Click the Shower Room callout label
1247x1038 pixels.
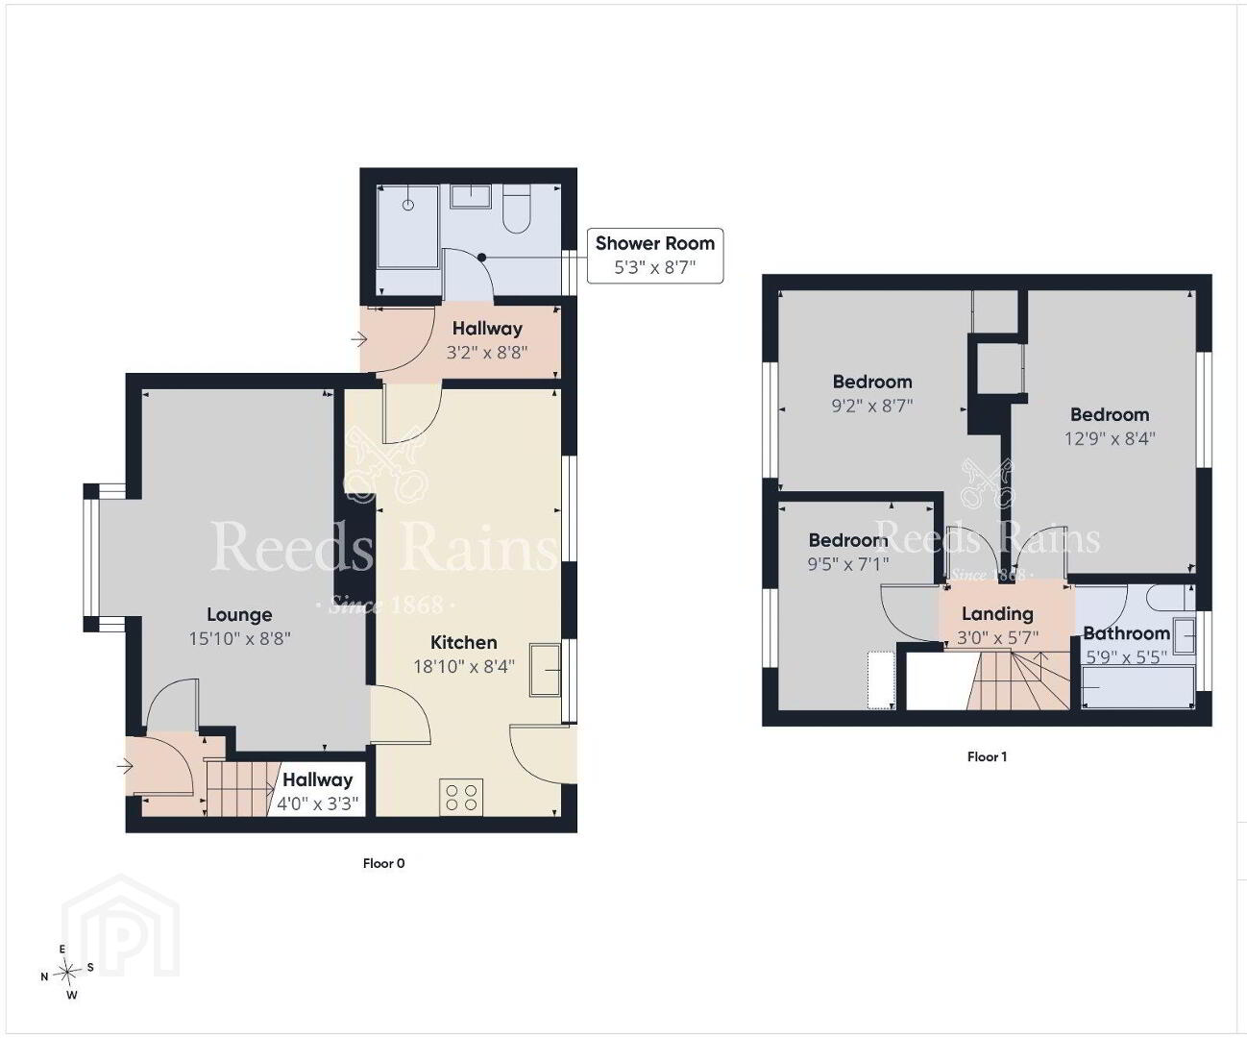(655, 255)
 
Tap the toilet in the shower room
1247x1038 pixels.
(517, 208)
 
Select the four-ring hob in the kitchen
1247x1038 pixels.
(461, 797)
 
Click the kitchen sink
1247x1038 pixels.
(546, 670)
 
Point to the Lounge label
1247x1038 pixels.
(239, 614)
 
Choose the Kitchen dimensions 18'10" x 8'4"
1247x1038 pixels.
(464, 666)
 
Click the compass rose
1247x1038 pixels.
(68, 972)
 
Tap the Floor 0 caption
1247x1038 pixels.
(384, 863)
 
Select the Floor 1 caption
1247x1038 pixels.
(988, 757)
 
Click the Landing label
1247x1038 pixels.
(997, 614)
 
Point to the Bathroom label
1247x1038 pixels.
(1126, 632)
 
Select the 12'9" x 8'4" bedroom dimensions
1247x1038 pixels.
(1110, 439)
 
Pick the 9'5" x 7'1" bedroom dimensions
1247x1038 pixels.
(848, 564)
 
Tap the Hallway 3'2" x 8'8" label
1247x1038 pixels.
(487, 340)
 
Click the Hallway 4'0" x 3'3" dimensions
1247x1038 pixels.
(318, 803)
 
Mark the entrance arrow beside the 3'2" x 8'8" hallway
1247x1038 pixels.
(359, 340)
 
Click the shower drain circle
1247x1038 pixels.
(408, 205)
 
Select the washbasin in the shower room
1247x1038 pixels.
(470, 196)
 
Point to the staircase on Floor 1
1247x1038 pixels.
(1018, 681)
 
